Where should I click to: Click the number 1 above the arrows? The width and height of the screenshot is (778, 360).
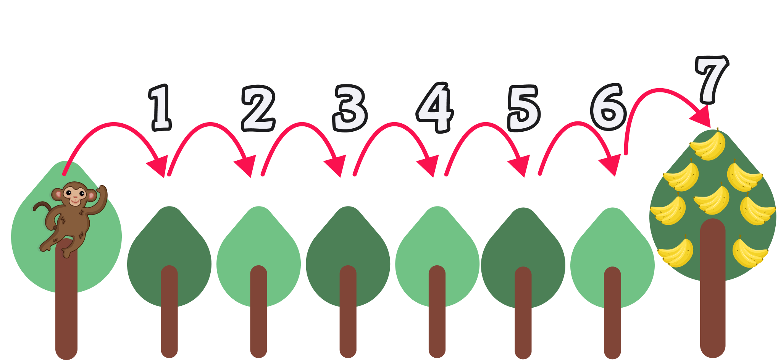(x=160, y=108)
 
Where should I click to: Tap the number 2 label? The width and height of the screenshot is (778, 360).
(x=258, y=109)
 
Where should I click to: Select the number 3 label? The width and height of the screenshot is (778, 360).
(x=350, y=109)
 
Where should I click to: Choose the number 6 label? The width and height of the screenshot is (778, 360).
(x=609, y=108)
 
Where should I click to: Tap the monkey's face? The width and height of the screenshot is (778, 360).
(x=75, y=194)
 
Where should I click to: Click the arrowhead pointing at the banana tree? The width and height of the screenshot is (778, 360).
(x=702, y=116)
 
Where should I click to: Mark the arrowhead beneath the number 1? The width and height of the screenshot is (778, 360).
(x=159, y=166)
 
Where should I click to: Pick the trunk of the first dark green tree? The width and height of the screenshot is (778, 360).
(x=169, y=313)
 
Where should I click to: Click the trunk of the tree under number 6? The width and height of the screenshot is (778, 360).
(x=612, y=313)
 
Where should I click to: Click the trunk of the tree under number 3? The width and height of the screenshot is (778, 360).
(x=348, y=313)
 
